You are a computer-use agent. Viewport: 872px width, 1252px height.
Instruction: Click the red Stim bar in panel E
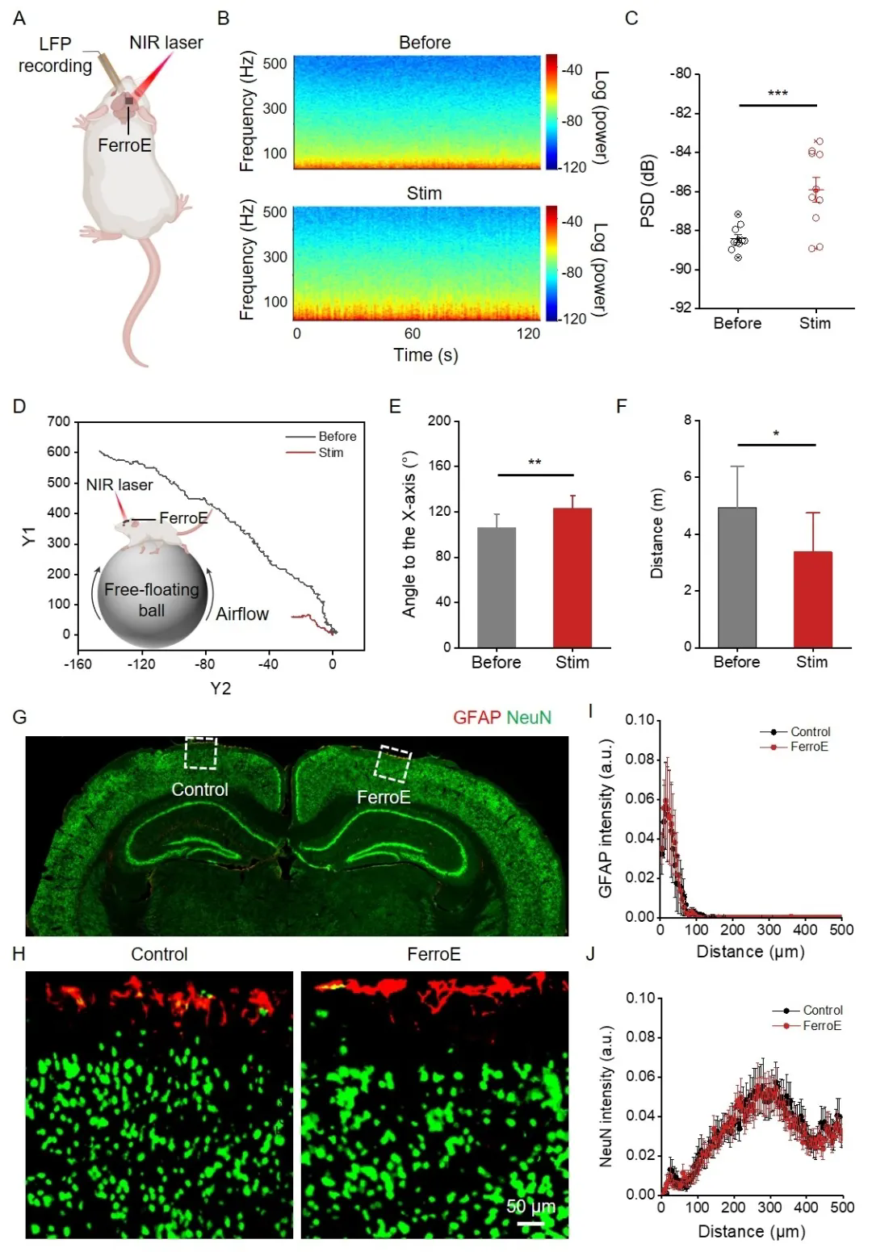[x=572, y=577]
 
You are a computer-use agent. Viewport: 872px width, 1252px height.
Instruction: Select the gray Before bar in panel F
[x=737, y=577]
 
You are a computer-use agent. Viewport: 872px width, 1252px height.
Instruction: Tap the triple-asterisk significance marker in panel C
[x=778, y=94]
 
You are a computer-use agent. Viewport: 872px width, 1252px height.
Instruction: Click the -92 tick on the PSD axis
[x=681, y=308]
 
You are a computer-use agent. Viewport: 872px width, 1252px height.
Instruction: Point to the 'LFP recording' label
[x=55, y=55]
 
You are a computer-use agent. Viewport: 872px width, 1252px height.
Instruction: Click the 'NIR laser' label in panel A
[x=166, y=42]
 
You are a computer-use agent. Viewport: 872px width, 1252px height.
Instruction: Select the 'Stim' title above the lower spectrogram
[x=424, y=193]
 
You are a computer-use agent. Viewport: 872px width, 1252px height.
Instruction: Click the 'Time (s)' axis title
[x=426, y=354]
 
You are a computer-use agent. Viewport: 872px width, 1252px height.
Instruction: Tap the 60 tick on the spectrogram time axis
[x=413, y=333]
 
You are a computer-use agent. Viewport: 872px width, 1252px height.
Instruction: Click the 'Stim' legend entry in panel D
[x=330, y=453]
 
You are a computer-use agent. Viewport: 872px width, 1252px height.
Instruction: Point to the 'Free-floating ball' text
[x=152, y=599]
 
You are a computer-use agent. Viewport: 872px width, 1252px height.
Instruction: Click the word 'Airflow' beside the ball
[x=242, y=613]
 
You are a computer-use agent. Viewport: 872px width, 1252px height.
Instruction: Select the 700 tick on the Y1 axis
[x=58, y=421]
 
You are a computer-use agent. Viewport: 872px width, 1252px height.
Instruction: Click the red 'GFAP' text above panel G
[x=477, y=717]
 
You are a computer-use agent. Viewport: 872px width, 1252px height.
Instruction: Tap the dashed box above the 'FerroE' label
[x=395, y=764]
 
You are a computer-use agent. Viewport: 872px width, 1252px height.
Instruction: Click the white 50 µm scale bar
[x=530, y=1223]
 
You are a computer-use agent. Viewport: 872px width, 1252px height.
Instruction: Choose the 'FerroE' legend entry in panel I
[x=809, y=747]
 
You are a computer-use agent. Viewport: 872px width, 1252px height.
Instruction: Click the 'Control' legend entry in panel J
[x=822, y=1010]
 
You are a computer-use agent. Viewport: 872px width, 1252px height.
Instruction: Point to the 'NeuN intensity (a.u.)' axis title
[x=606, y=1095]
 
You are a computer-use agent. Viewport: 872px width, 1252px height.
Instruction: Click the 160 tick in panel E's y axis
[x=439, y=466]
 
